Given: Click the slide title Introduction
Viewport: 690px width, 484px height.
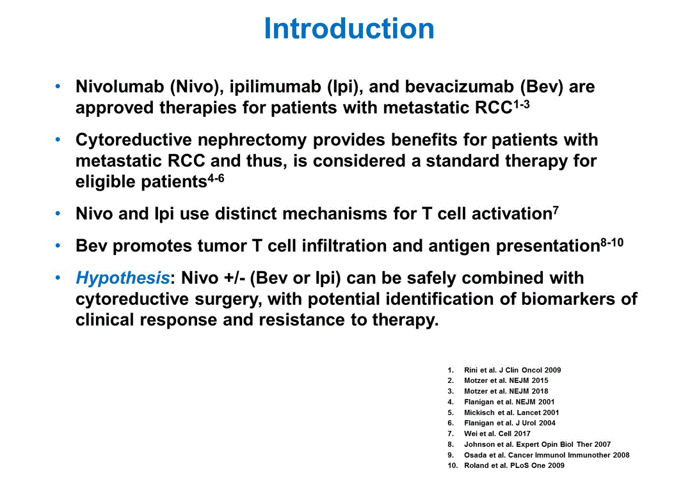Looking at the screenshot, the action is coord(349,29).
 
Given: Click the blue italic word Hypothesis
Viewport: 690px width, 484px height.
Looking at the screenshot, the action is coord(123,279).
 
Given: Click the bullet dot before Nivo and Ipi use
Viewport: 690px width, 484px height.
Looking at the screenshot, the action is coord(58,214).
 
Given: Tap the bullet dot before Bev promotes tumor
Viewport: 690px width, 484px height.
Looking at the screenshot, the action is coord(58,246).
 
